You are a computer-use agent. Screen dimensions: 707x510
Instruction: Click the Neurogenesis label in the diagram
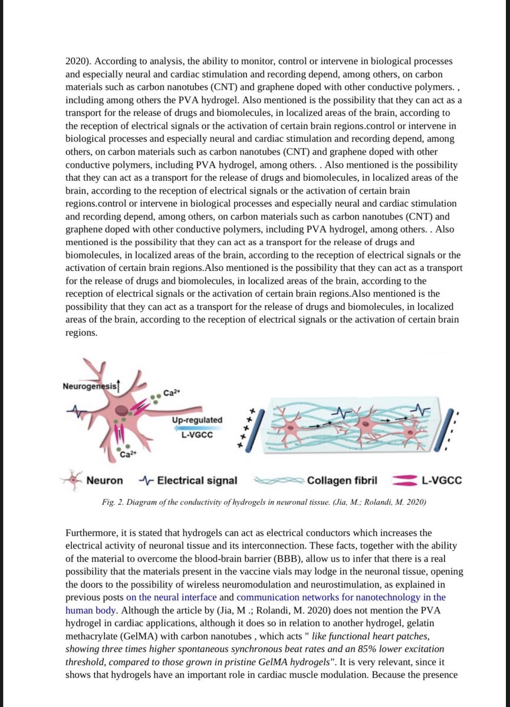click(x=87, y=386)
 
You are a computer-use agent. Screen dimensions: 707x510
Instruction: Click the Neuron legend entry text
click(x=105, y=480)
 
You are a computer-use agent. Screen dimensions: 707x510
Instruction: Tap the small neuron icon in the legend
click(x=72, y=480)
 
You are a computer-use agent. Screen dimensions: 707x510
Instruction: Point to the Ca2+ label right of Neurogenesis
click(x=172, y=393)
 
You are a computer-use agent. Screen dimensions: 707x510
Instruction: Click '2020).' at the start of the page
click(x=78, y=62)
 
